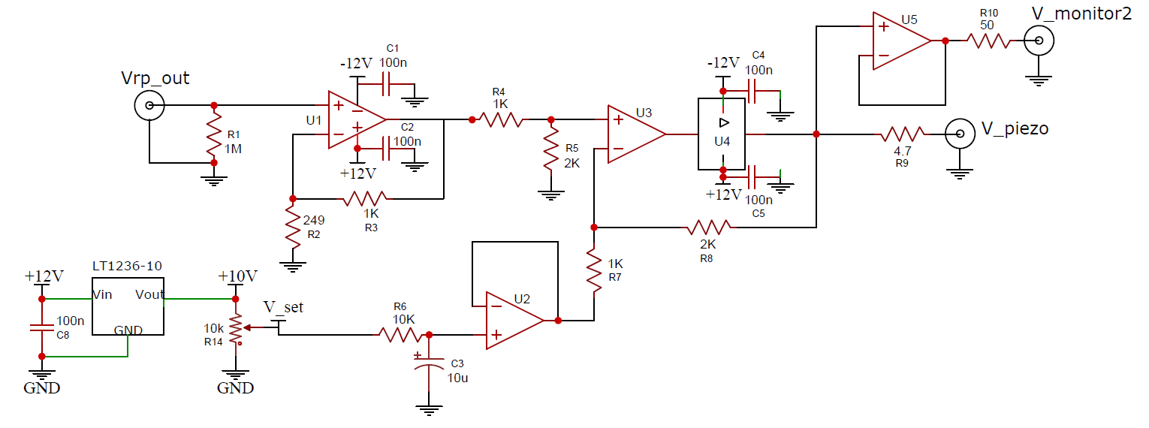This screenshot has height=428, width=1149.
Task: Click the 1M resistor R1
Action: pyautogui.click(x=214, y=135)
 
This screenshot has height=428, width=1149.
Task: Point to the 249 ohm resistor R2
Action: pyautogui.click(x=293, y=227)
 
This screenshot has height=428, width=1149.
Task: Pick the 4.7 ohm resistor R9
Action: pyautogui.click(x=903, y=134)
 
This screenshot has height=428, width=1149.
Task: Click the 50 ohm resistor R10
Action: pyautogui.click(x=988, y=41)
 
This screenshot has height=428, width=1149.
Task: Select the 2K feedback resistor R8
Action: pyautogui.click(x=710, y=227)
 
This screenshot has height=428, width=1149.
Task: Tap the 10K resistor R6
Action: pyautogui.click(x=400, y=335)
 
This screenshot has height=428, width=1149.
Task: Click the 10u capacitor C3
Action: pyautogui.click(x=430, y=363)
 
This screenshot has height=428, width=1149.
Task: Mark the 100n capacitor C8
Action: pyautogui.click(x=42, y=327)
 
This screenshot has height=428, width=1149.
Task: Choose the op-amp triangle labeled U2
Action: pyautogui.click(x=514, y=321)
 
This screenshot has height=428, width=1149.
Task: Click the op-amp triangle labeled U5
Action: pyautogui.click(x=902, y=41)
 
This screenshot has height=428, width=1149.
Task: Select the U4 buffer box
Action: pyautogui.click(x=722, y=134)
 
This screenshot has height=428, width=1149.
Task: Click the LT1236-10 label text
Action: pyautogui.click(x=127, y=266)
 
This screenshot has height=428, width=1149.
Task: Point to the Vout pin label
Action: pyautogui.click(x=149, y=295)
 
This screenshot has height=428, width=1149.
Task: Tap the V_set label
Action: pyautogui.click(x=284, y=308)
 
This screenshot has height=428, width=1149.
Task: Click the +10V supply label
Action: pyautogui.click(x=237, y=276)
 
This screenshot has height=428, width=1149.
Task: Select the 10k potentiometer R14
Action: pyautogui.click(x=236, y=328)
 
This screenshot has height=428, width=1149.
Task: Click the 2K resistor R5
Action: pyautogui.click(x=551, y=149)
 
